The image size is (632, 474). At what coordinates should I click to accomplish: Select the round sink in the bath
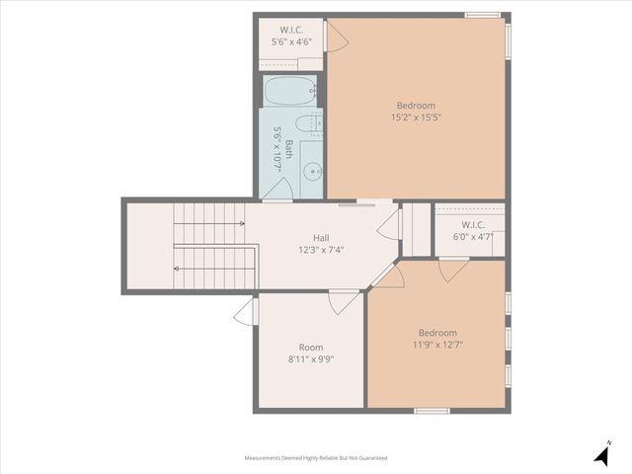(x=313, y=171)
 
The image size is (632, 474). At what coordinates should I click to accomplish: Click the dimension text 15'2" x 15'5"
(x=416, y=118)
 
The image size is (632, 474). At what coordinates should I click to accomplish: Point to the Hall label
(x=321, y=238)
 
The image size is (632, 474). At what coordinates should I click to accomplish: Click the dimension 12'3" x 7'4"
(x=321, y=250)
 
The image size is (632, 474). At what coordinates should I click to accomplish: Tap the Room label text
(x=311, y=348)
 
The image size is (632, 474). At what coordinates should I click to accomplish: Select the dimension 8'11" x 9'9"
(x=311, y=359)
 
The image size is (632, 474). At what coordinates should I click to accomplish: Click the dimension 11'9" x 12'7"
(x=436, y=345)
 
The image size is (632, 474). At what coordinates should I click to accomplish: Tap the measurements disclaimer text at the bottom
(x=316, y=458)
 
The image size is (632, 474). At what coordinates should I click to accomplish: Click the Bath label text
(x=289, y=148)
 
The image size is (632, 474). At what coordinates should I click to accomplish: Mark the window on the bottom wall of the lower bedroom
(x=432, y=410)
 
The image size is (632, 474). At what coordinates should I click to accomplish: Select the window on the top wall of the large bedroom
(x=482, y=15)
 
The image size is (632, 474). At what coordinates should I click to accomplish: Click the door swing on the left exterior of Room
(x=244, y=312)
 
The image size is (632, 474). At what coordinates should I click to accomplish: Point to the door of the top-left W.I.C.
(x=336, y=38)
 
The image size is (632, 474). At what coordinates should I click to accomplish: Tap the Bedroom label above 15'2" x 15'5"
(x=416, y=106)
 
